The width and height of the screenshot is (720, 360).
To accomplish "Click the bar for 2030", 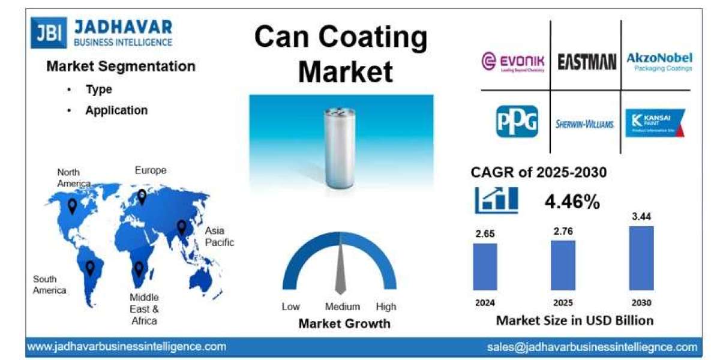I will click(x=641, y=258).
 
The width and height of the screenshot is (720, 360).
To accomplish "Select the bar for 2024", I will click(x=485, y=266).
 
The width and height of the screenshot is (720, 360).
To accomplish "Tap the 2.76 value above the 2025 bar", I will click(x=562, y=230).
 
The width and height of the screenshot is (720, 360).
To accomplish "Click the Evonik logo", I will click(x=514, y=61).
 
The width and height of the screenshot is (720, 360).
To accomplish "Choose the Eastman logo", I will click(x=586, y=61).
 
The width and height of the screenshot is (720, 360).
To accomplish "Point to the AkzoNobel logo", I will click(x=659, y=61).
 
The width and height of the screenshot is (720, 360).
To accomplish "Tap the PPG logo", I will click(x=517, y=122).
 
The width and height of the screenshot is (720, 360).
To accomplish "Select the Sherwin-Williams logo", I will click(x=585, y=124).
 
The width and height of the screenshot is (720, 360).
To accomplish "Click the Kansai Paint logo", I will click(x=655, y=122).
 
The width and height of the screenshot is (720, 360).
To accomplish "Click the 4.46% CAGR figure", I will click(x=572, y=202).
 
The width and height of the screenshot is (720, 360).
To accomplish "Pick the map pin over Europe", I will click(x=142, y=196).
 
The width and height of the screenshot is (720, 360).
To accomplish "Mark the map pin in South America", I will click(x=90, y=268).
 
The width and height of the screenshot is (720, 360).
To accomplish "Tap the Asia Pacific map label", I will click(x=219, y=236).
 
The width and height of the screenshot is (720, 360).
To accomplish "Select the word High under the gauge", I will click(x=386, y=307).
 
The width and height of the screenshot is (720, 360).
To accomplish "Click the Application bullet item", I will click(x=116, y=110).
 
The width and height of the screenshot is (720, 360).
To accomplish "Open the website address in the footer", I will click(x=127, y=346).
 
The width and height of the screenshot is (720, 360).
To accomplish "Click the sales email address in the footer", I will click(x=592, y=347).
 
